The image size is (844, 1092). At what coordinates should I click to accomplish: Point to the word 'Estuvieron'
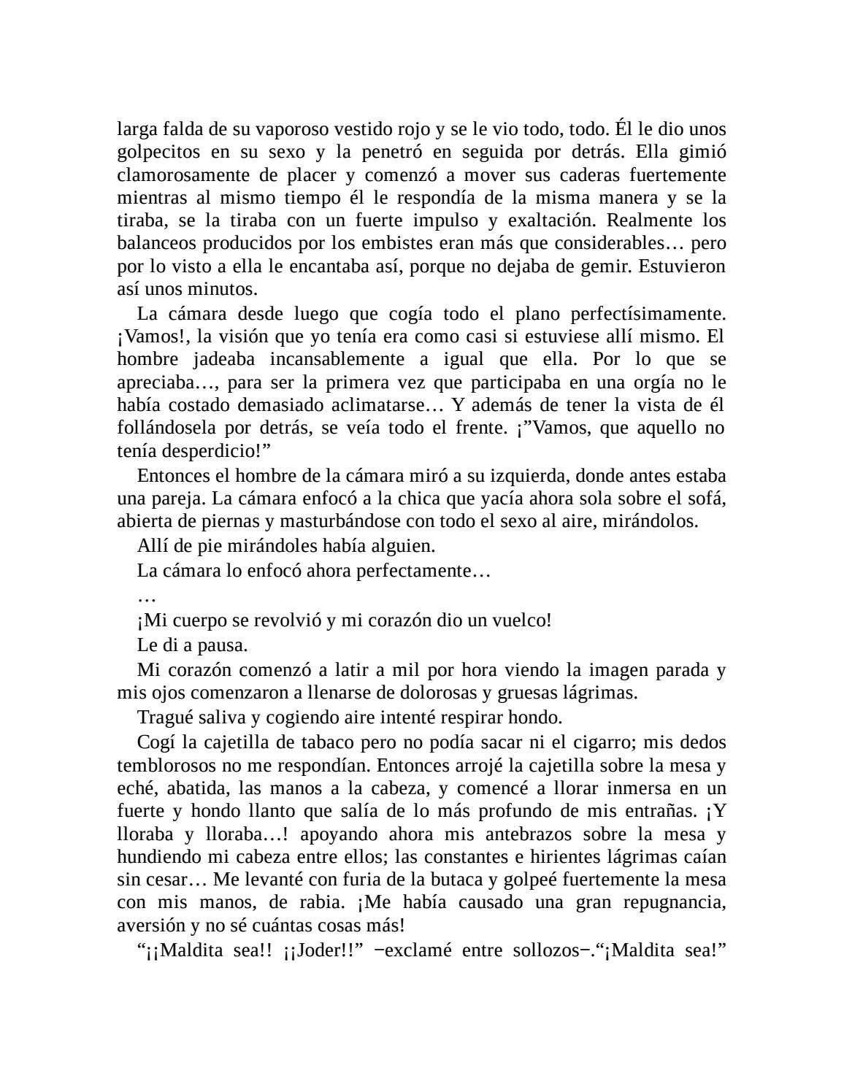click(682, 266)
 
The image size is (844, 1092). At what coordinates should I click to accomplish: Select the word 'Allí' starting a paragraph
click(150, 545)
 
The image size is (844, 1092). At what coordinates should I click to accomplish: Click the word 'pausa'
click(223, 645)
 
